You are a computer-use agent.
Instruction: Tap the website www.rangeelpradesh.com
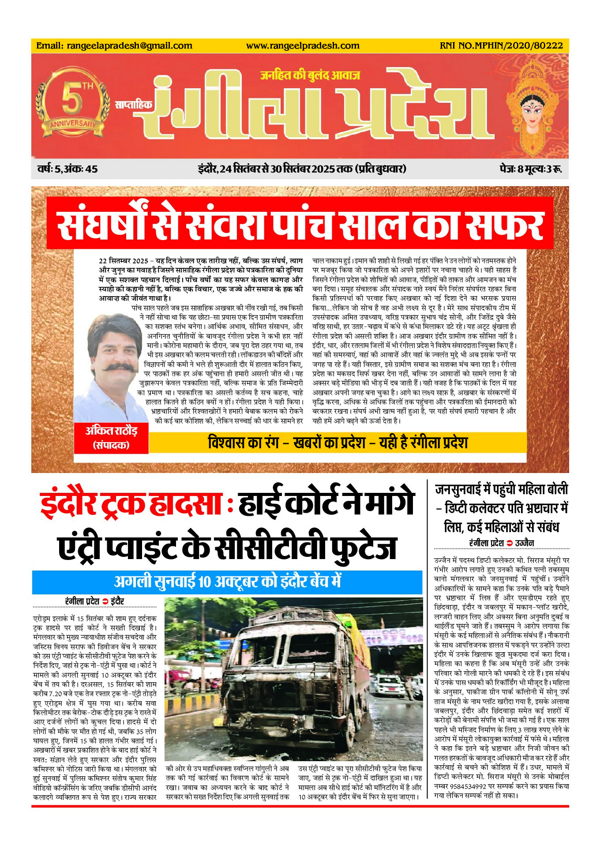coord(303,45)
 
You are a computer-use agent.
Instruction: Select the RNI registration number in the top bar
coord(501,45)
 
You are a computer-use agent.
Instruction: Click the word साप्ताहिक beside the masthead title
coord(133,105)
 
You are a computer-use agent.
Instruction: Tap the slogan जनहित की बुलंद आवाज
coord(310,75)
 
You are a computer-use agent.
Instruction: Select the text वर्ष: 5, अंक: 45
coord(67,169)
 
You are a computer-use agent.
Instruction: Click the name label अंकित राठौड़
coord(111,431)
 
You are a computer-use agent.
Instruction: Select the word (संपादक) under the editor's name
coord(111,445)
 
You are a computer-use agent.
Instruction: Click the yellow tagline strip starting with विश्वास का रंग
coord(338,443)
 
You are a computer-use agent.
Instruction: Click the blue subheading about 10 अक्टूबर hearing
coord(227,582)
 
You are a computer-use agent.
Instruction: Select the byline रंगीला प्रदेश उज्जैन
coord(502,543)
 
